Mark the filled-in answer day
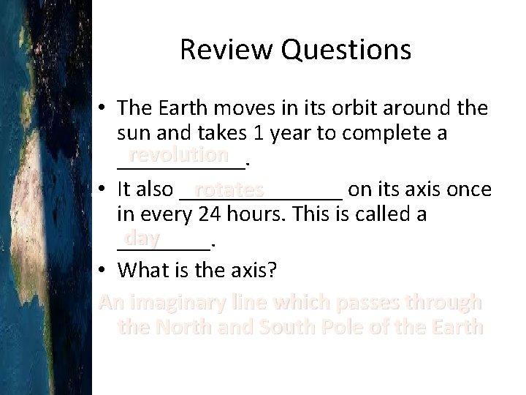(141, 238)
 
